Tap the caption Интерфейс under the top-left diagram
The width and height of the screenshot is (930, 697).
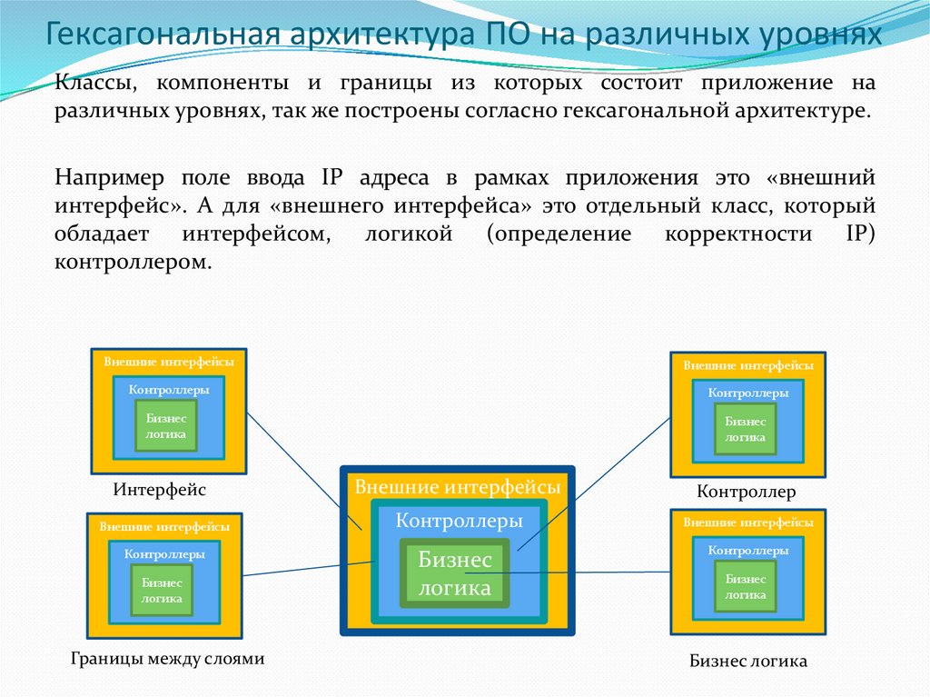click(160, 490)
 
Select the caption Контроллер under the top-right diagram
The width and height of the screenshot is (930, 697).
click(747, 493)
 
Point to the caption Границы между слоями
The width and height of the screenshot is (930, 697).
click(167, 659)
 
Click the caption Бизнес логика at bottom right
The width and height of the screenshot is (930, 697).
click(747, 662)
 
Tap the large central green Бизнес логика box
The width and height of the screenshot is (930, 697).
click(455, 573)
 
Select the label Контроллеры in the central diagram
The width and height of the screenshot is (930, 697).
click(460, 522)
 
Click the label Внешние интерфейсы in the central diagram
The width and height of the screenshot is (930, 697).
click(457, 487)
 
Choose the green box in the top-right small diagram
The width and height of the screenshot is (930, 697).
click(746, 429)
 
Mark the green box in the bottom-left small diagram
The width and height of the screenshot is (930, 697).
click(162, 591)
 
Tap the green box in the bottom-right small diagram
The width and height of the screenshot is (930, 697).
click(746, 586)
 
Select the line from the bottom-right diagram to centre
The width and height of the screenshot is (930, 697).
click(581, 573)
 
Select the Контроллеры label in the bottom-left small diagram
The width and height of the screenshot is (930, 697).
click(164, 553)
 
